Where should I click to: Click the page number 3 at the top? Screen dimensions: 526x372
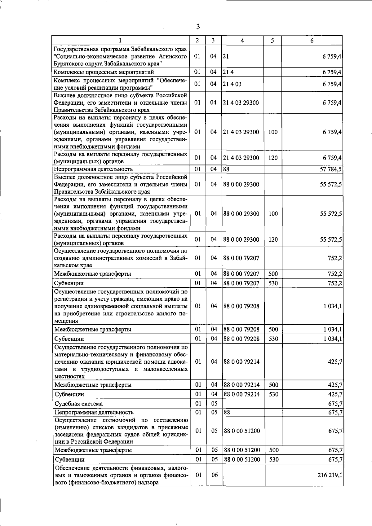(198, 27)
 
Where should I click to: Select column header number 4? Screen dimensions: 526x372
(242, 41)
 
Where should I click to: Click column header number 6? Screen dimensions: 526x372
(312, 41)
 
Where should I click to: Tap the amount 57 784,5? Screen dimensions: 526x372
(330, 169)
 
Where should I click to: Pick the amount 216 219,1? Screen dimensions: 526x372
(330, 475)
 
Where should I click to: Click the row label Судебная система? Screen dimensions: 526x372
(79, 404)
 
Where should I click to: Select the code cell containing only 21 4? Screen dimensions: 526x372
(228, 72)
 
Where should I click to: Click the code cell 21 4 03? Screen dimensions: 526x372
(232, 84)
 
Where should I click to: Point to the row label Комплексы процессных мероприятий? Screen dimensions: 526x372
(104, 72)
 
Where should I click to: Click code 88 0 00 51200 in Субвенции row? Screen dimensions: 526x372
(242, 459)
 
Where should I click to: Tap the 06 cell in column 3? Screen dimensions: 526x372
(215, 475)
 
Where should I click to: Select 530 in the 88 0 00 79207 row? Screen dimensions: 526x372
(273, 283)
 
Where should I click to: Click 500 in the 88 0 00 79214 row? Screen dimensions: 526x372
(273, 385)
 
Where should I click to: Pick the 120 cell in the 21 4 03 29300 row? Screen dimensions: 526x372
(273, 158)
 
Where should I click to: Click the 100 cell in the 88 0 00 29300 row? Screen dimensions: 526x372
(273, 214)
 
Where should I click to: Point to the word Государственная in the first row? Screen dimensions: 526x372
(76, 49)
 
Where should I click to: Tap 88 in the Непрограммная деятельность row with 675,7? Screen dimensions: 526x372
(227, 412)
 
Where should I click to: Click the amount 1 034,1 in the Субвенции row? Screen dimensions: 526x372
(333, 339)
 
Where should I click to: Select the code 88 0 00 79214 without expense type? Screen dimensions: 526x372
(241, 362)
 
